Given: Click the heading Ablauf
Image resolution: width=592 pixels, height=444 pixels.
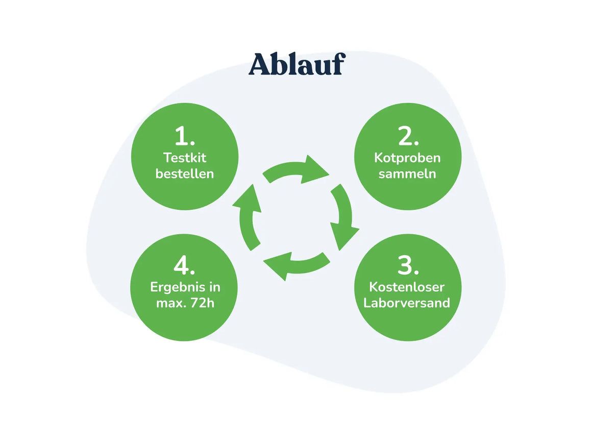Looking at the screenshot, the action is (297, 64).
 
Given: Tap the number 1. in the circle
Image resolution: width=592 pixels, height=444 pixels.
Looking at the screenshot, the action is (185, 136).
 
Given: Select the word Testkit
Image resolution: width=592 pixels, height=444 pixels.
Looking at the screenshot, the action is (185, 157).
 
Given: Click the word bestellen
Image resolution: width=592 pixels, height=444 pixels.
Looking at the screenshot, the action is (185, 174).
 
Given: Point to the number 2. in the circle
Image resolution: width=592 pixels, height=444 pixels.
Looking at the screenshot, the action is (408, 136).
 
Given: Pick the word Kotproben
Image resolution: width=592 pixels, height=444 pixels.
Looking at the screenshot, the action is (407, 158).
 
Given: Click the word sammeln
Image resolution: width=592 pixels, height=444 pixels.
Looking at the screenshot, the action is (407, 174).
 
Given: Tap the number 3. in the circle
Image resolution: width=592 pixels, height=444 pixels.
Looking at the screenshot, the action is (408, 265).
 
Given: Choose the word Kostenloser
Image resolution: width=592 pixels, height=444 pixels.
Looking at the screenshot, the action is (407, 287).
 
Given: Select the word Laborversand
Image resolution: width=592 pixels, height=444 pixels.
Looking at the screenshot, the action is (407, 303).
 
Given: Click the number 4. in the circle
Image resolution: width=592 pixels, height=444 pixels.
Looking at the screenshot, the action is (184, 265).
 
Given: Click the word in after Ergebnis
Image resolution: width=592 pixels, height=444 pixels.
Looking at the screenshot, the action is (214, 287).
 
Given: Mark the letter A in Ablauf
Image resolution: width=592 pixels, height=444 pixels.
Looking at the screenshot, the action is (260, 64).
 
